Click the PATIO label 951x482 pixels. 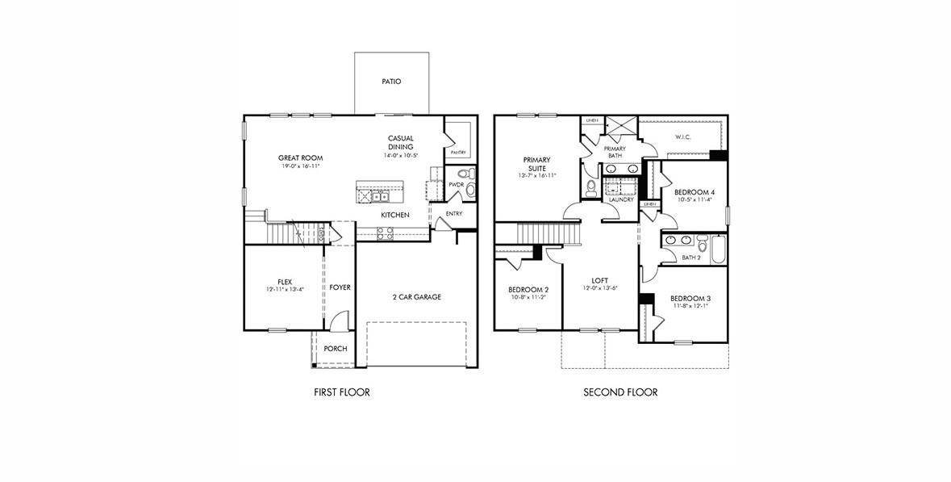pos(391,82)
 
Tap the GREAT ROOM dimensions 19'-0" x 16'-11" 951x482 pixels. pos(300,166)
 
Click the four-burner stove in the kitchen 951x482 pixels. pos(386,233)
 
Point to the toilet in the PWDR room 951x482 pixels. pos(463,174)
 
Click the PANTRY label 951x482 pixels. pos(458,152)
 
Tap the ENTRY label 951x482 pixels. pos(454,214)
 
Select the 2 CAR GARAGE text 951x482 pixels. pos(416,297)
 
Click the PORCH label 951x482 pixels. pos(336,349)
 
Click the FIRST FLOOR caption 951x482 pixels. pos(341,392)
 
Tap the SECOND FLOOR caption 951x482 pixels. pos(620,392)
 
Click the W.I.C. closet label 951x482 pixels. pos(684,137)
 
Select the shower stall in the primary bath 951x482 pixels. pos(622,128)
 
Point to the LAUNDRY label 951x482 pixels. pos(621,199)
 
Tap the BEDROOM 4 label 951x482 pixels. pos(694,192)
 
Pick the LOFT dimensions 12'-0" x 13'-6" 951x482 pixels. pos(600,288)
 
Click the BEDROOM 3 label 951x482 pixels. pos(690,298)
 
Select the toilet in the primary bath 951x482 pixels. pos(591,188)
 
